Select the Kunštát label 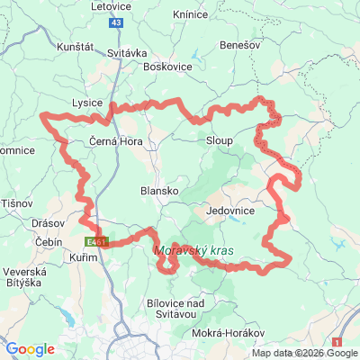pyautogui.click(x=75, y=45)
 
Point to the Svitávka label pyautogui.click(x=127, y=53)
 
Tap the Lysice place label pyautogui.click(x=87, y=103)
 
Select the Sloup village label pyautogui.click(x=220, y=141)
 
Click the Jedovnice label pyautogui.click(x=231, y=210)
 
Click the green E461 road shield pyautogui.click(x=98, y=242)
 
